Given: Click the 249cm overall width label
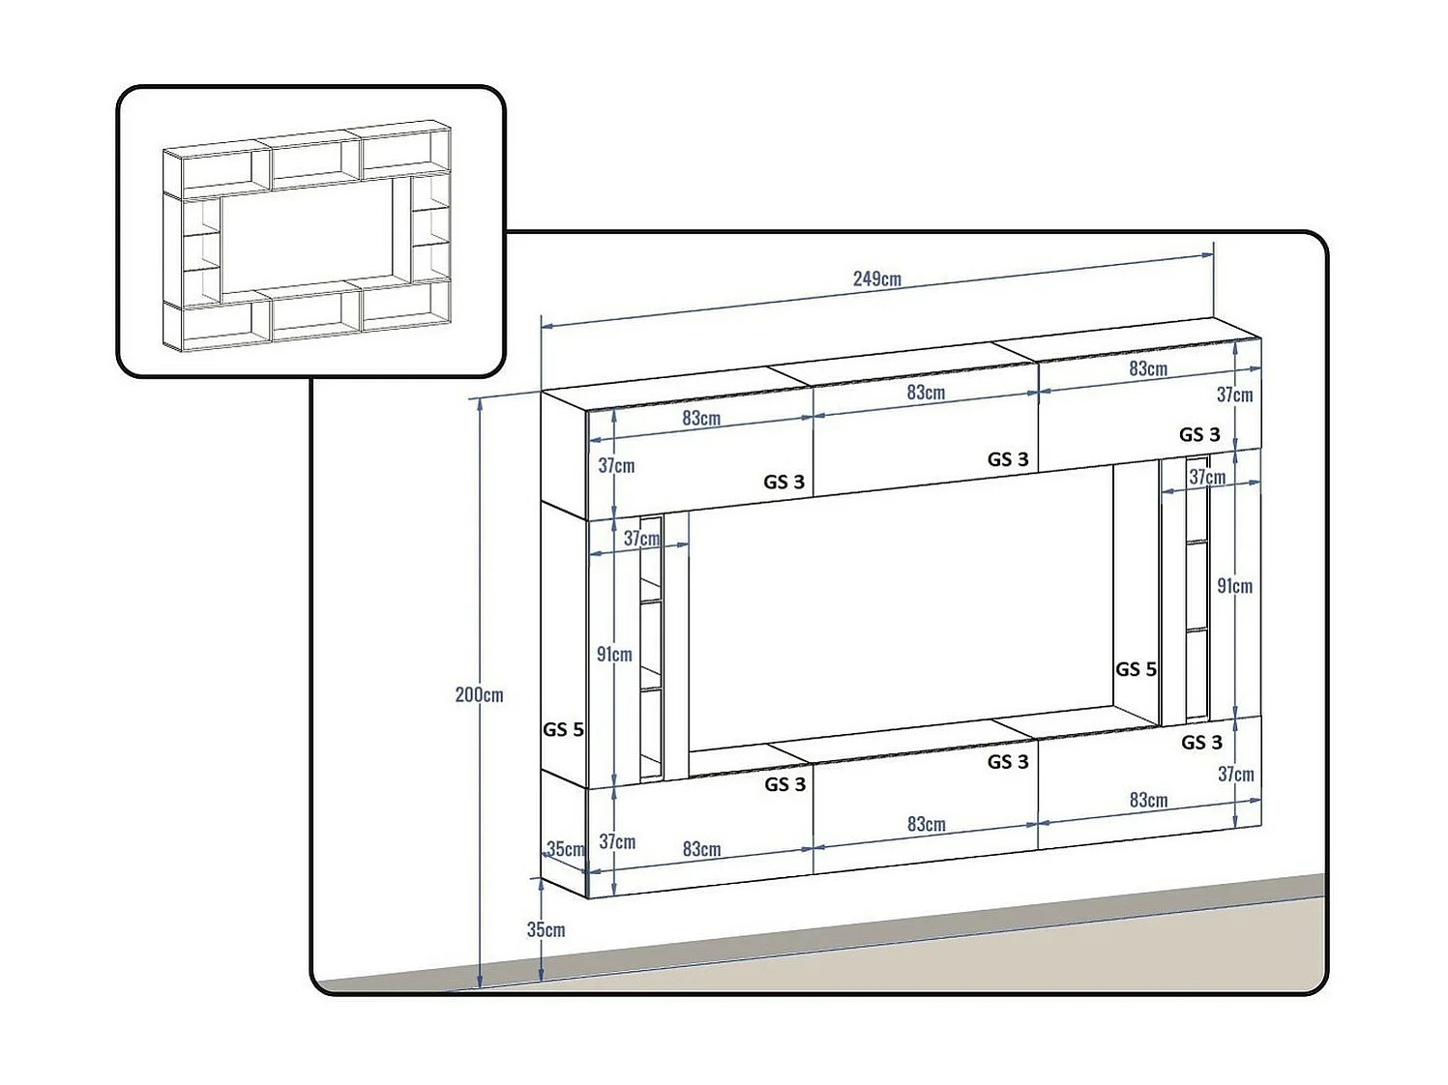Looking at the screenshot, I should tap(876, 279).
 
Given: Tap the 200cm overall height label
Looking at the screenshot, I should tap(479, 694).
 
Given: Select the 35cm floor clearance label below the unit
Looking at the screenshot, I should tap(546, 929).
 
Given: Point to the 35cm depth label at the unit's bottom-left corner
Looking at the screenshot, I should tap(566, 849).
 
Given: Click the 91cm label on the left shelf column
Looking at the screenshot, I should tap(614, 654).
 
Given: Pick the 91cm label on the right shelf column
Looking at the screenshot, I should tap(1234, 585).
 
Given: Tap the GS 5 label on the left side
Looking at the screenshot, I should tap(563, 729).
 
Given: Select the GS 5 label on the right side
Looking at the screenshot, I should tap(1136, 669).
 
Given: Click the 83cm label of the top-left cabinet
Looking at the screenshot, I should tap(701, 418).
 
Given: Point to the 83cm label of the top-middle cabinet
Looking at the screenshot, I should tap(926, 392).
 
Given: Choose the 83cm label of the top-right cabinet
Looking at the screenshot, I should tap(1148, 368).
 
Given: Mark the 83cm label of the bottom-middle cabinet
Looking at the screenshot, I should tap(926, 824).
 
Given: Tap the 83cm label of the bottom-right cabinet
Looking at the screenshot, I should tap(1148, 800).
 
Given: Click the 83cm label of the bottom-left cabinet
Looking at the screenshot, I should tap(701, 849).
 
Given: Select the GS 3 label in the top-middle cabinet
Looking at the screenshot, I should tap(1008, 459).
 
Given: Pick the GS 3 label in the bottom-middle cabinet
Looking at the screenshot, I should tap(1008, 762).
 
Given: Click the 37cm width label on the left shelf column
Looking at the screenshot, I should tap(641, 538).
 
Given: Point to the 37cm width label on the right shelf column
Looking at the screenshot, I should tap(1207, 477).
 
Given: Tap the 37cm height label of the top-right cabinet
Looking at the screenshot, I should tap(1234, 395).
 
